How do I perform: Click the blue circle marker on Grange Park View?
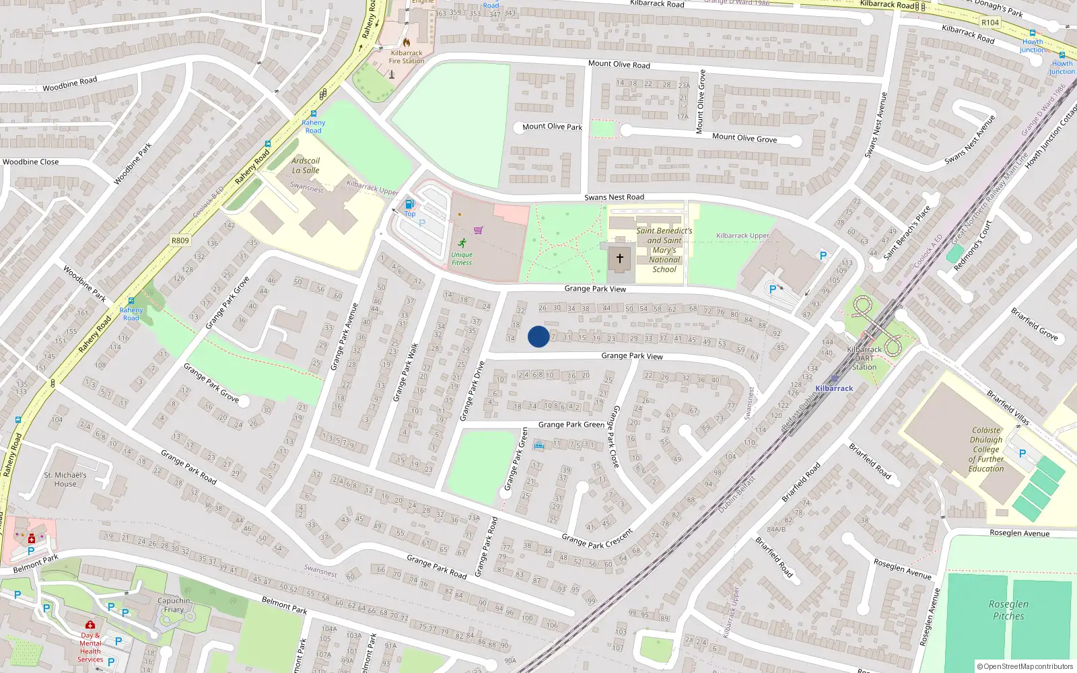tap(538, 336)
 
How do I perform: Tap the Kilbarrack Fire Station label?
tap(407, 57)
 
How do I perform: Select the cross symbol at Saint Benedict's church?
tap(619, 258)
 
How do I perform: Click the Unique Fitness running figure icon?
tap(462, 243)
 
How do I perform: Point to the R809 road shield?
tap(180, 240)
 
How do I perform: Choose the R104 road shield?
tap(989, 22)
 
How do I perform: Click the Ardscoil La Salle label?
tap(306, 166)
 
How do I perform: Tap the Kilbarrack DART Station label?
tap(864, 358)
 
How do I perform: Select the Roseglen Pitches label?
tap(1008, 610)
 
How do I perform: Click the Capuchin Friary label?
tap(174, 605)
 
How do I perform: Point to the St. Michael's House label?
tap(65, 479)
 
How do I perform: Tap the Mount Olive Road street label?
tap(619, 65)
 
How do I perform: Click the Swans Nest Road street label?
tap(614, 197)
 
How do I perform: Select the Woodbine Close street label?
tap(30, 162)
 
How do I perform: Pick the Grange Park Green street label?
tap(571, 425)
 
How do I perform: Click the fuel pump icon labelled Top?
tap(409, 205)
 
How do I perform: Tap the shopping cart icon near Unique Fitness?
tap(478, 230)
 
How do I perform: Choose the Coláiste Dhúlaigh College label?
tap(986, 450)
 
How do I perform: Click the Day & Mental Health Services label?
tap(90, 647)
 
